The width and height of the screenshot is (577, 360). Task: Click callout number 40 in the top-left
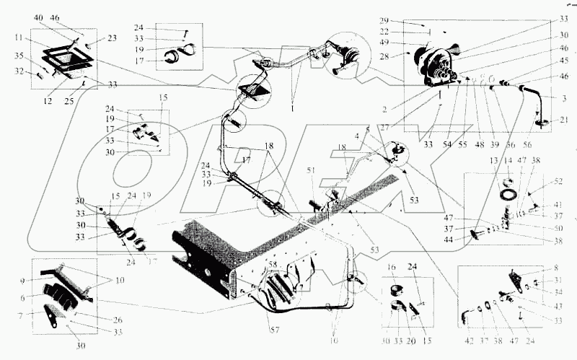(x=38, y=17)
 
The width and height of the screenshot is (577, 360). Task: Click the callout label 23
(x=113, y=40)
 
